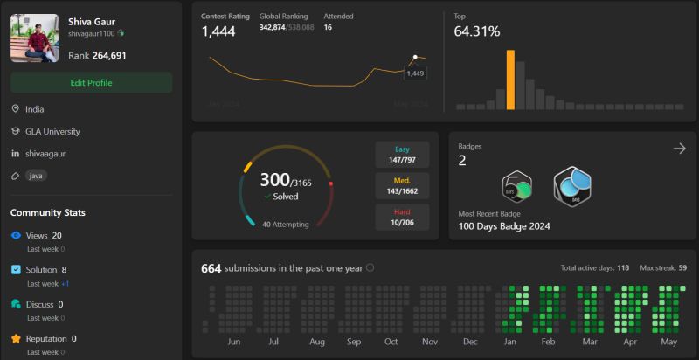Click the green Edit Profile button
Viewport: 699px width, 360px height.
point(91,82)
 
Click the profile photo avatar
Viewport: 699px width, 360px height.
point(34,38)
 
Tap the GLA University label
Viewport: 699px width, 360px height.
point(52,131)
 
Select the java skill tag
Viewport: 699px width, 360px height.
point(36,175)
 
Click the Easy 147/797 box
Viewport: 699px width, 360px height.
point(402,155)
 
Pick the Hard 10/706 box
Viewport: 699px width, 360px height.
point(402,218)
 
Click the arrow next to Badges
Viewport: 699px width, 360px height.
point(679,149)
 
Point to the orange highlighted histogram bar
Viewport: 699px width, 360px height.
point(510,80)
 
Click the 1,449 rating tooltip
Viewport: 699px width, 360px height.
point(415,73)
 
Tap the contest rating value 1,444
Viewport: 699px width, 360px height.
point(218,31)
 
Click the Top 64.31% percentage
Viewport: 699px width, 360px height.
point(477,31)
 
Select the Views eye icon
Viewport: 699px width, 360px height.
point(16,236)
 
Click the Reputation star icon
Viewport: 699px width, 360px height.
point(16,339)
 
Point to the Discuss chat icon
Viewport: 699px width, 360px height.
point(16,304)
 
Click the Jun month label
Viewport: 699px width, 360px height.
point(233,342)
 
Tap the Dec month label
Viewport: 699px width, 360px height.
point(470,342)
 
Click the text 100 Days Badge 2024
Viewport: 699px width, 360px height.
point(504,226)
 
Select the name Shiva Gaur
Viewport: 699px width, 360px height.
point(93,21)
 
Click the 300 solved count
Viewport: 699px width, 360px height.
point(274,180)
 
